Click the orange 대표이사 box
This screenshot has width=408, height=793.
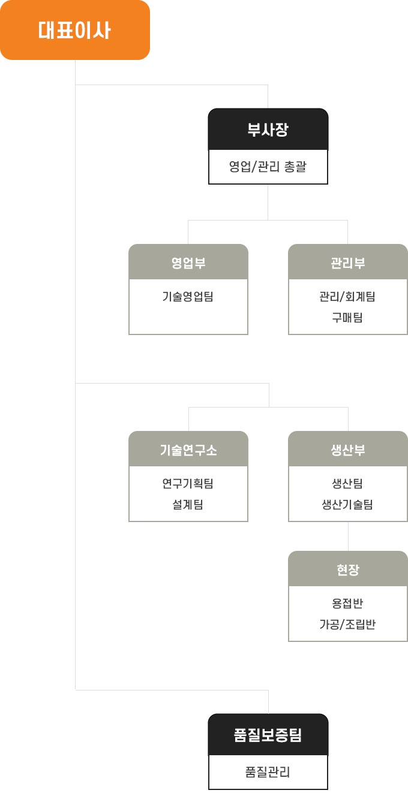coord(75,30)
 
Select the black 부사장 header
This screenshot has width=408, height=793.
coord(268,129)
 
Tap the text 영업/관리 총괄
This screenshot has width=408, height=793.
coord(268,167)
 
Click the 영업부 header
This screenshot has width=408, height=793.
coord(188,262)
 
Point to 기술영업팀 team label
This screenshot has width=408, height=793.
coord(188,296)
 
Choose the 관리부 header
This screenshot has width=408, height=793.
coord(347,262)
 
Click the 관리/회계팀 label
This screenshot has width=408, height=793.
coord(347,296)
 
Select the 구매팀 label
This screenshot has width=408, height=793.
coord(347,317)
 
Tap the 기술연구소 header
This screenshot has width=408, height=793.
coord(188,450)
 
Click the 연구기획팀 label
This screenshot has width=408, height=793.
coord(188,483)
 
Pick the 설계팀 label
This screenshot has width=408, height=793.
coord(188,504)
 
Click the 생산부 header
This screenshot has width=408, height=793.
coord(347,450)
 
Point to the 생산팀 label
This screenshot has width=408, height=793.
coord(347,483)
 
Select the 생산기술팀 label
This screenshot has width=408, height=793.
coord(347,504)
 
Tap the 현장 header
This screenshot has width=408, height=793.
coord(347,569)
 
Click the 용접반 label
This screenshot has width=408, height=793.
coord(347,603)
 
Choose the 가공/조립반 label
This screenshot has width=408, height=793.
coord(347,624)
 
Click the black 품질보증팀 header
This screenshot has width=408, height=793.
coord(268,735)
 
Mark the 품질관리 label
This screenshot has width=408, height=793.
coord(268,771)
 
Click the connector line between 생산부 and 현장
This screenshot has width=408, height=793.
coord(349,536)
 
